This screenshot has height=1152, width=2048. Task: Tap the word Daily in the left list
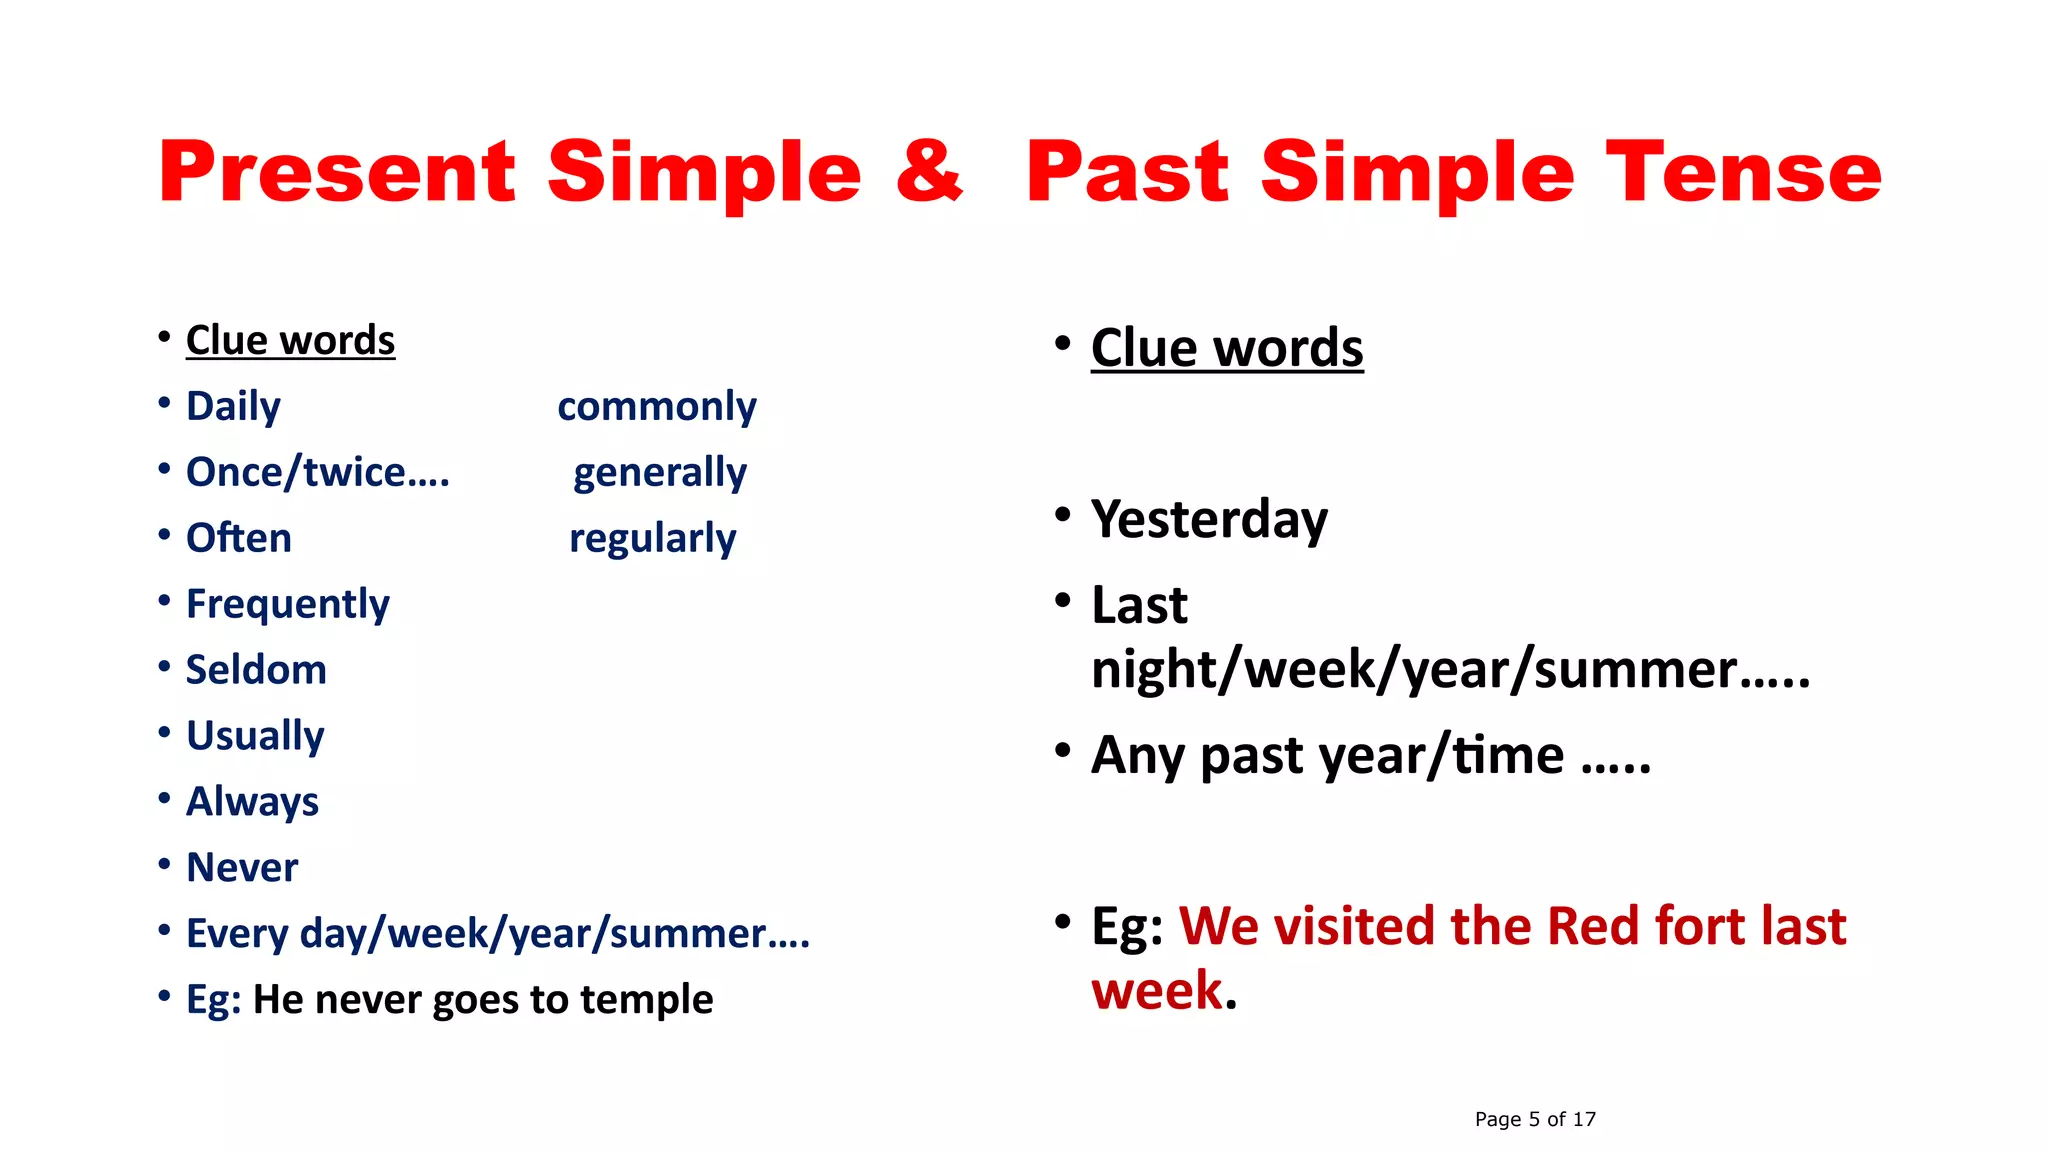[x=233, y=406]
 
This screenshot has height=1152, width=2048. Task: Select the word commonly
[x=656, y=406]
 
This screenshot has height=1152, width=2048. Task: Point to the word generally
[x=659, y=472]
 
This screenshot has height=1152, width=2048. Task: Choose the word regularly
[x=652, y=538]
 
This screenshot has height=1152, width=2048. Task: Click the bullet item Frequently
[x=288, y=604]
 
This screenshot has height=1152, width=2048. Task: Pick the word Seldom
[x=256, y=670]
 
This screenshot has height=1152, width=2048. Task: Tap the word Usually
[x=255, y=736]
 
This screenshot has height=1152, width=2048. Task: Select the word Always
[x=252, y=802]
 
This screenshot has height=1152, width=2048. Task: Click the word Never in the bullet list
[x=242, y=867]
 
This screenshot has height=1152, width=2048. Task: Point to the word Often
[x=239, y=538]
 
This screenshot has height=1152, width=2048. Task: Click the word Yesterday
[x=1209, y=519]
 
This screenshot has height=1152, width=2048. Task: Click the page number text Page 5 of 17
[x=1535, y=1119]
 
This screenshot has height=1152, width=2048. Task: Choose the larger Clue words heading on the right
[x=1227, y=348]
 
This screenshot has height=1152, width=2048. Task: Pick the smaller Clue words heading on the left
[x=290, y=340]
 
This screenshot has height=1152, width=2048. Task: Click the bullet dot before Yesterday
[x=1063, y=515]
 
